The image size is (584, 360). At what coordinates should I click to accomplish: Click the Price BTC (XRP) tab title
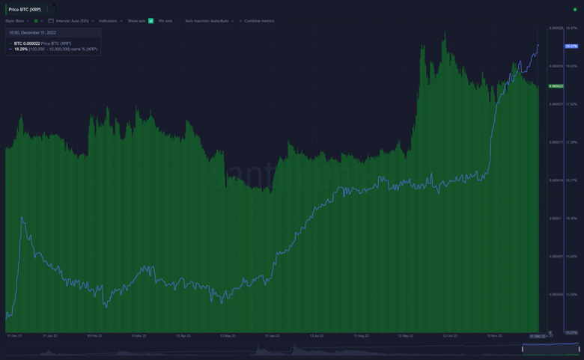pos(24,9)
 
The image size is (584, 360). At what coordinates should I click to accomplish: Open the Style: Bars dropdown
pos(16,21)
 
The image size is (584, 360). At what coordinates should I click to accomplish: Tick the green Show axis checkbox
pos(150,21)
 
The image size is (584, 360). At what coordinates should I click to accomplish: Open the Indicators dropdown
pos(109,21)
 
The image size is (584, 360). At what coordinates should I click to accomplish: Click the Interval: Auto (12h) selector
pos(73,21)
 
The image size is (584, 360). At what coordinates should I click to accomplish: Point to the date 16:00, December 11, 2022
pos(34,33)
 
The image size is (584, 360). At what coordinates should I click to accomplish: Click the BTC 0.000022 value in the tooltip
pos(29,43)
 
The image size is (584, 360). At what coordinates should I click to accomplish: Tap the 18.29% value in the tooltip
pos(21,49)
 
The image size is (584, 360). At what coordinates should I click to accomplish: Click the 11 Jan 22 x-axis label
pos(50,336)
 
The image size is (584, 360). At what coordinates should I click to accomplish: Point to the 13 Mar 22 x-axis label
pos(139,336)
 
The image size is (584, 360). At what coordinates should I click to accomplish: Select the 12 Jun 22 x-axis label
pos(272,336)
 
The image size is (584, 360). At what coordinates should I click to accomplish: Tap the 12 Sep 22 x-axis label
pos(405,336)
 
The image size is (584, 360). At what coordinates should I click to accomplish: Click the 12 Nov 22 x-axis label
pos(494,336)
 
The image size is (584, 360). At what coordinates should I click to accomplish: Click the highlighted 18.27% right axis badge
pos(571,46)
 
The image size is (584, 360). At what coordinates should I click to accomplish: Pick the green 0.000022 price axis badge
pos(556,86)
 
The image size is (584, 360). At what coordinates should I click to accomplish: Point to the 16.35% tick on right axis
pos(571,219)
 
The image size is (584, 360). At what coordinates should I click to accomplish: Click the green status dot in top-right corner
pos(575,10)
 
